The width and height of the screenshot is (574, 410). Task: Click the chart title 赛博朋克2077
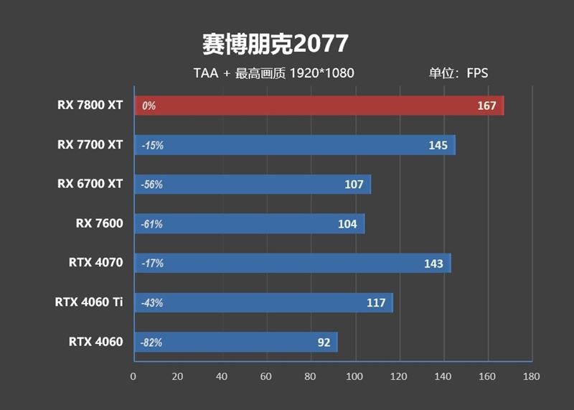pyautogui.click(x=275, y=44)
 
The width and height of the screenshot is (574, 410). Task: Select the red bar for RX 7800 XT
pyautogui.click(x=318, y=106)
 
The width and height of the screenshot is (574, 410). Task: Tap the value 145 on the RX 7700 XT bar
pyautogui.click(x=438, y=145)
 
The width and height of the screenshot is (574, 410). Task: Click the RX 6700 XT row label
pyautogui.click(x=90, y=184)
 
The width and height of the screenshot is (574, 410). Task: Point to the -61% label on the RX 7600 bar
pyautogui.click(x=152, y=224)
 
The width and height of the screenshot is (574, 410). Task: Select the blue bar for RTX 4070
pyautogui.click(x=291, y=263)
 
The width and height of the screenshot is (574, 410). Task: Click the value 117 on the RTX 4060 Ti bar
pyautogui.click(x=376, y=302)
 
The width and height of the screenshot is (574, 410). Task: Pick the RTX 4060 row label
pyautogui.click(x=96, y=341)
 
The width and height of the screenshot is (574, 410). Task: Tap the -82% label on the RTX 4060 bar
pyautogui.click(x=152, y=343)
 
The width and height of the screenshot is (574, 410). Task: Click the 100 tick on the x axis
pyautogui.click(x=354, y=376)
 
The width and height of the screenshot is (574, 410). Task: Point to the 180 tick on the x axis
pyautogui.click(x=532, y=376)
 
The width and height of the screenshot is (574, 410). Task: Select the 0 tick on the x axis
pyautogui.click(x=133, y=376)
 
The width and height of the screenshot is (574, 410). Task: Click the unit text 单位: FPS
pyautogui.click(x=458, y=73)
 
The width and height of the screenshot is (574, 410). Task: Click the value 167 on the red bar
pyautogui.click(x=486, y=106)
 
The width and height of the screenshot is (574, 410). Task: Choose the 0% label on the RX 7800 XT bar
pyautogui.click(x=149, y=106)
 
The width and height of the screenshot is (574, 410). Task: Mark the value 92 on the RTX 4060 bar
pyautogui.click(x=324, y=343)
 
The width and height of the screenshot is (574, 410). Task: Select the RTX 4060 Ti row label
pyautogui.click(x=89, y=302)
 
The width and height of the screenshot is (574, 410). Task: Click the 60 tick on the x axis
pyautogui.click(x=265, y=376)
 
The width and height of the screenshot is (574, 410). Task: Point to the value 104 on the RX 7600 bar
pyautogui.click(x=347, y=224)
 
